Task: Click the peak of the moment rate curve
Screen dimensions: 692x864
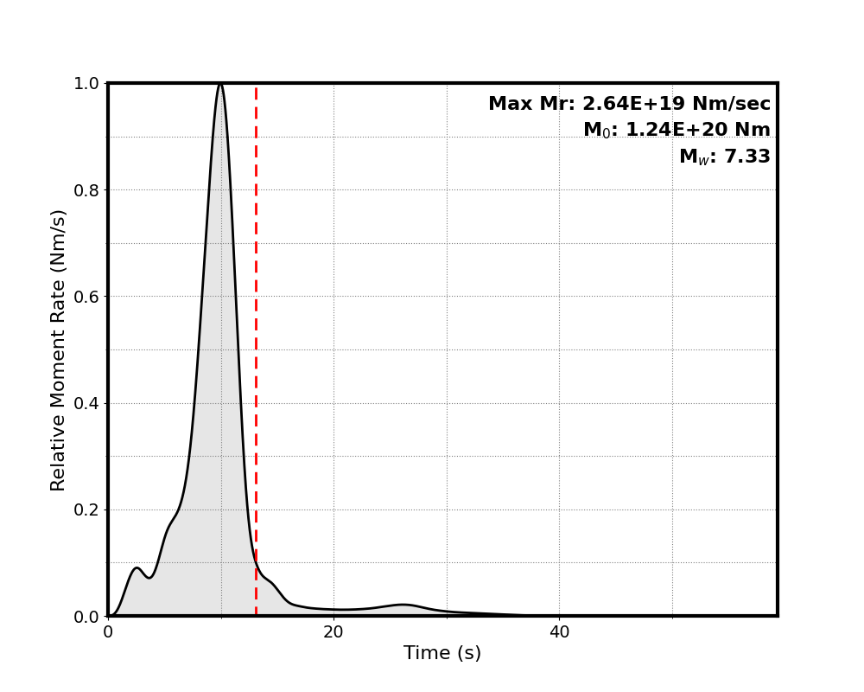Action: click(220, 84)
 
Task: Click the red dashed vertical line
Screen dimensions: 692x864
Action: click(256, 346)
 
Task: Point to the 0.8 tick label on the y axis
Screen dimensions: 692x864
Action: click(87, 190)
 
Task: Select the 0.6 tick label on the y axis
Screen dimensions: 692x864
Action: click(87, 297)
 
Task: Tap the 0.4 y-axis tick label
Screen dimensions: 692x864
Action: click(87, 403)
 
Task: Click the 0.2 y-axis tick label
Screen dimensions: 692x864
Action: click(87, 509)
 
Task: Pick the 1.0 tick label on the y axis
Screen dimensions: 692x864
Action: click(87, 84)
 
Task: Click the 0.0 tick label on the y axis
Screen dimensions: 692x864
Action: click(87, 616)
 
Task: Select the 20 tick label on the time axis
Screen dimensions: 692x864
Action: click(334, 632)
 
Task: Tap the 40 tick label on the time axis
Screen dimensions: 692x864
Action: click(559, 632)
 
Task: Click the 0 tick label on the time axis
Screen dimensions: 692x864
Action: click(108, 632)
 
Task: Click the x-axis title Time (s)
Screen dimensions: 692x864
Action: click(442, 654)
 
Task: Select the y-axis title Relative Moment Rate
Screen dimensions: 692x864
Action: click(59, 349)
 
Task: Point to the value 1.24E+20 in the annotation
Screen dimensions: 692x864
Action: click(664, 131)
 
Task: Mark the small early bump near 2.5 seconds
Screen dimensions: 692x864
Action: click(137, 568)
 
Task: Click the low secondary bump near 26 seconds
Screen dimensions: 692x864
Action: click(403, 605)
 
